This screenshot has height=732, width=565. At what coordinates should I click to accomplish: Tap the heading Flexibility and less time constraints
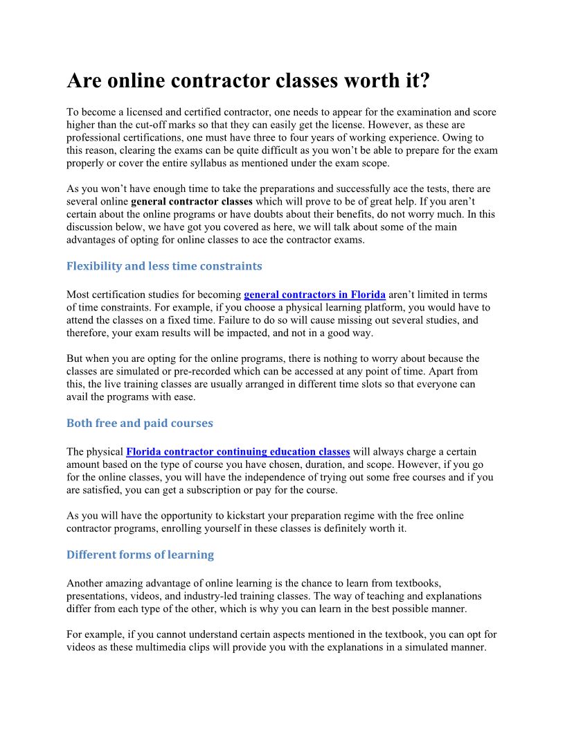point(164,266)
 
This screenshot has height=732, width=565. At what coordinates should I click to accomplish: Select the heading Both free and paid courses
point(139,423)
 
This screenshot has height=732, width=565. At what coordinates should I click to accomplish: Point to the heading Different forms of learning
point(140,555)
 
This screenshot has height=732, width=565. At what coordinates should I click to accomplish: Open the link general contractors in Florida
point(314,295)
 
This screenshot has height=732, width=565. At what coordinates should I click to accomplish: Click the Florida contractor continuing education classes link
point(237,452)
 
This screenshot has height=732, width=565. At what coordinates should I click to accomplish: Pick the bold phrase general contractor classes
point(192,202)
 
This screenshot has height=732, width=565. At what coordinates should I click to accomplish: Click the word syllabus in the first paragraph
point(270,163)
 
